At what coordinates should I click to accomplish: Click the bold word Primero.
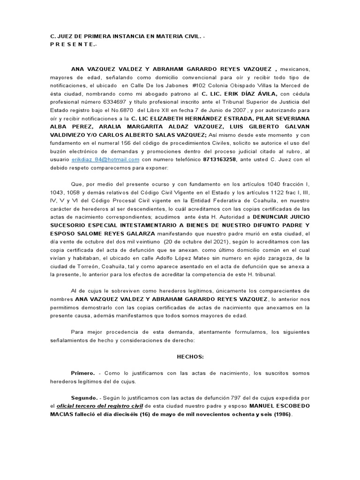pos(82,373)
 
